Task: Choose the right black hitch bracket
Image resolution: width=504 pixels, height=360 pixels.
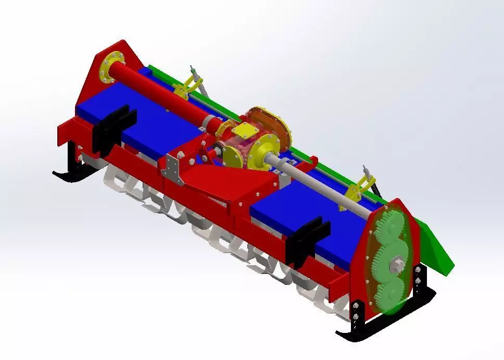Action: click(x=311, y=237)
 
